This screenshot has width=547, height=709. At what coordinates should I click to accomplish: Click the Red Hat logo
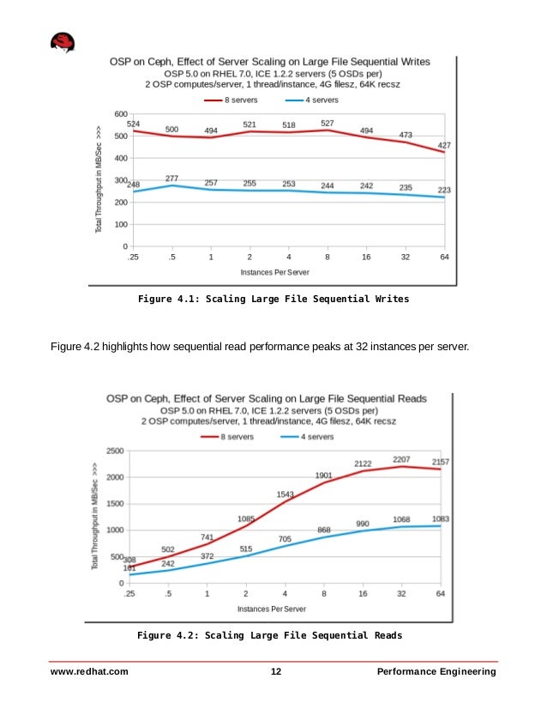pyautogui.click(x=62, y=43)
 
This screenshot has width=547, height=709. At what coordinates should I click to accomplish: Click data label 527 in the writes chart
pyautogui.click(x=327, y=124)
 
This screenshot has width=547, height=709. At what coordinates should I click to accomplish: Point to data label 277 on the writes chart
pyautogui.click(x=171, y=178)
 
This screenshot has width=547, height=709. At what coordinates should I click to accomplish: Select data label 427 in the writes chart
pyautogui.click(x=444, y=145)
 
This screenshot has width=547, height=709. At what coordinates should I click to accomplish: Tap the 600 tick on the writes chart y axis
pyautogui.click(x=121, y=114)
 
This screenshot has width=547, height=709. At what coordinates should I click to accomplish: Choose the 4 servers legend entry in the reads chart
pyautogui.click(x=310, y=436)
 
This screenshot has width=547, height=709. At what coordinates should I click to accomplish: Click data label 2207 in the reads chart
pyautogui.click(x=401, y=460)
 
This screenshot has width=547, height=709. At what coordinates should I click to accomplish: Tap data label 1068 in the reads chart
pyautogui.click(x=402, y=519)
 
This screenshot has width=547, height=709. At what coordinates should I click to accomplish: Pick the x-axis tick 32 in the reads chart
pyautogui.click(x=402, y=595)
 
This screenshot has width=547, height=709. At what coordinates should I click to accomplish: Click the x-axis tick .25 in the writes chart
pyautogui.click(x=133, y=258)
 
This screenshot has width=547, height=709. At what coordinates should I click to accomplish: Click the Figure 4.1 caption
pyautogui.click(x=273, y=300)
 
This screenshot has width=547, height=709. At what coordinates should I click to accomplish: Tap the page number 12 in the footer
pyautogui.click(x=276, y=671)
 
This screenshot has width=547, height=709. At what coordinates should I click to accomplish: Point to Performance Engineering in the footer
pyautogui.click(x=436, y=671)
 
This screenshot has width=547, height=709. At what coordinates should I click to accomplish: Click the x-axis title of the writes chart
pyautogui.click(x=274, y=271)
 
